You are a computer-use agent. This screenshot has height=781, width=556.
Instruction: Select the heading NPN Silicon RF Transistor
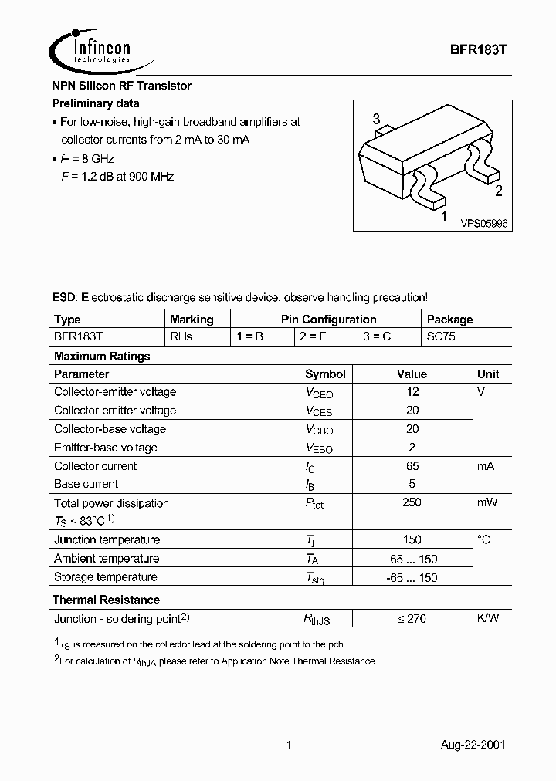tap(121, 86)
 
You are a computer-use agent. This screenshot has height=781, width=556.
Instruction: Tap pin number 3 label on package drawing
tap(376, 120)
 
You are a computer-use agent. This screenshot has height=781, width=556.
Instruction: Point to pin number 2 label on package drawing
tap(498, 192)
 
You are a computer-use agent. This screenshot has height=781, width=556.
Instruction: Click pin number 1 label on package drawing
tap(443, 218)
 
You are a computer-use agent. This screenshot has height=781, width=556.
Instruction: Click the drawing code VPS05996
tap(484, 223)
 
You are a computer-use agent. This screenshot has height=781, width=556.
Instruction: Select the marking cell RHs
tap(181, 337)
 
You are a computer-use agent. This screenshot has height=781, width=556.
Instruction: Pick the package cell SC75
tap(441, 337)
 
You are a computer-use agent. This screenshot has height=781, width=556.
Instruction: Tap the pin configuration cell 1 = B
tap(250, 337)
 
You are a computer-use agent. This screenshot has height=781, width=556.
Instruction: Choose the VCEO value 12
tap(412, 392)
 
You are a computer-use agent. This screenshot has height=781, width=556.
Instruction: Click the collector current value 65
tap(412, 466)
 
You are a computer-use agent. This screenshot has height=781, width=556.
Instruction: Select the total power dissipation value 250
tap(412, 503)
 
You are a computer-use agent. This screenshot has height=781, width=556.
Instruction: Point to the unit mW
tap(486, 503)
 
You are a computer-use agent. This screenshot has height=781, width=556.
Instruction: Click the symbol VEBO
tap(319, 448)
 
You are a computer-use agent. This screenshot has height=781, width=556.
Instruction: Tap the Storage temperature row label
tap(105, 577)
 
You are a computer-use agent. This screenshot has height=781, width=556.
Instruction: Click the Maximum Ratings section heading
tap(101, 357)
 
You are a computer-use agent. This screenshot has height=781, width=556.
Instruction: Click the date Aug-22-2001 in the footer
tap(473, 745)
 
